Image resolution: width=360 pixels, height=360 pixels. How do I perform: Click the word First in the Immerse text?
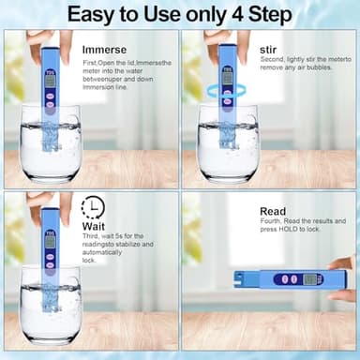coord(92,60)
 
